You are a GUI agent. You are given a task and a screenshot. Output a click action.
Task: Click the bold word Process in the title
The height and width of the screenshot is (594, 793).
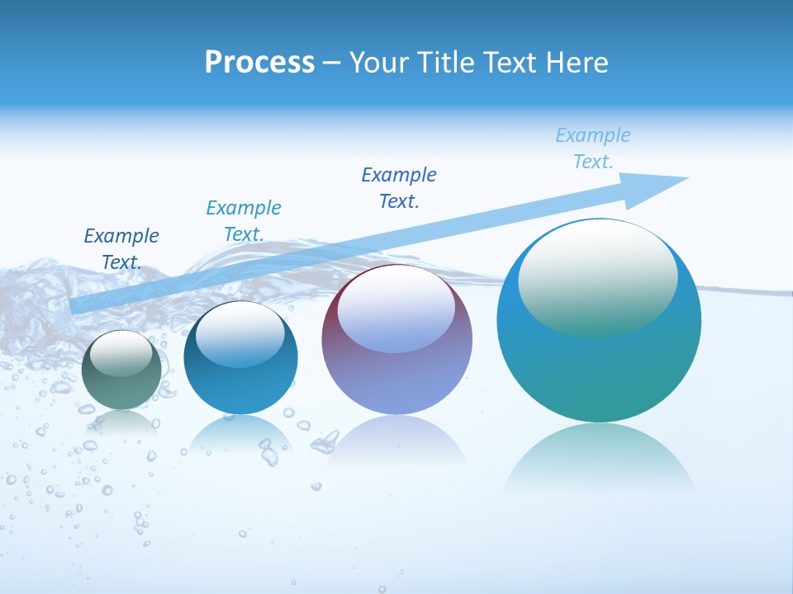[x=259, y=63]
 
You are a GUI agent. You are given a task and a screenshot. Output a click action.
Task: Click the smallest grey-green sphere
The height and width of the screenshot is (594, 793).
[x=122, y=370]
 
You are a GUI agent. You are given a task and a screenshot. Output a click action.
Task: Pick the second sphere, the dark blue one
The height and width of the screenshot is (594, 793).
[x=240, y=358]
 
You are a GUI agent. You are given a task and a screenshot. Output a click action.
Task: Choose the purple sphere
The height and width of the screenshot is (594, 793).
[x=396, y=340]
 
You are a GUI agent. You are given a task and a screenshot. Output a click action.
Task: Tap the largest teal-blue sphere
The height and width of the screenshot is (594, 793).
[x=599, y=321]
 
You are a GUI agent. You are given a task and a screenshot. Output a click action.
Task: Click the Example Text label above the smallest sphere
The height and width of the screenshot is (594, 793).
[x=121, y=249]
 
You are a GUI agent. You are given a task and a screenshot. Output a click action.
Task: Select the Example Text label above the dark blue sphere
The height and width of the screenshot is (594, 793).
[x=244, y=221]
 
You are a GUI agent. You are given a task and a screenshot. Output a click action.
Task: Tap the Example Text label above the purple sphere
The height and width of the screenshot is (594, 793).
[x=399, y=188]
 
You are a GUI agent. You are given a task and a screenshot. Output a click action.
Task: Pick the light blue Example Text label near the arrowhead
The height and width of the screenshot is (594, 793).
[x=593, y=148]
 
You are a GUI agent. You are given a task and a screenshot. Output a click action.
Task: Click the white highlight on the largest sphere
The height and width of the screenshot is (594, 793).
[x=598, y=279]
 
